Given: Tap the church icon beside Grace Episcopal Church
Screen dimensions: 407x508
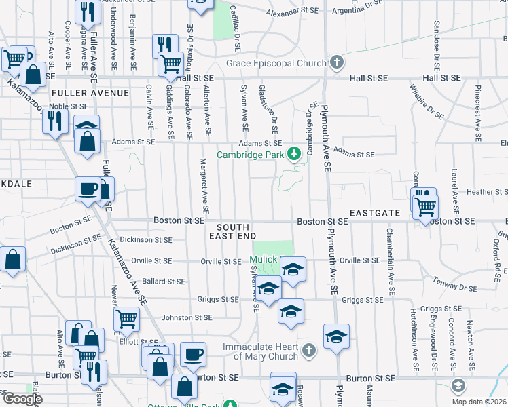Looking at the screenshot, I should click(336, 64).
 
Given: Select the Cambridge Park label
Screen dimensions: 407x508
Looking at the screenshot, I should click(250, 155).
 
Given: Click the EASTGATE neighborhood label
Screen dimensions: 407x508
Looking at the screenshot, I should click(374, 213).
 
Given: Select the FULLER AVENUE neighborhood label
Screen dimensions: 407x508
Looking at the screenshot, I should click(90, 92).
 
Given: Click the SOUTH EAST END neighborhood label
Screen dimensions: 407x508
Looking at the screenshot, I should click(236, 231).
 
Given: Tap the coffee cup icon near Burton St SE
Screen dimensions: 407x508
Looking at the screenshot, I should click(194, 353).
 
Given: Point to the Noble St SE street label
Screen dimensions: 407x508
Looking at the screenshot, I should click(68, 106).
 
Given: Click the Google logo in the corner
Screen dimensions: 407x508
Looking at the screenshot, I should click(22, 399).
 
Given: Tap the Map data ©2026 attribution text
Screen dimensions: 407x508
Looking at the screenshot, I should click(479, 402).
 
